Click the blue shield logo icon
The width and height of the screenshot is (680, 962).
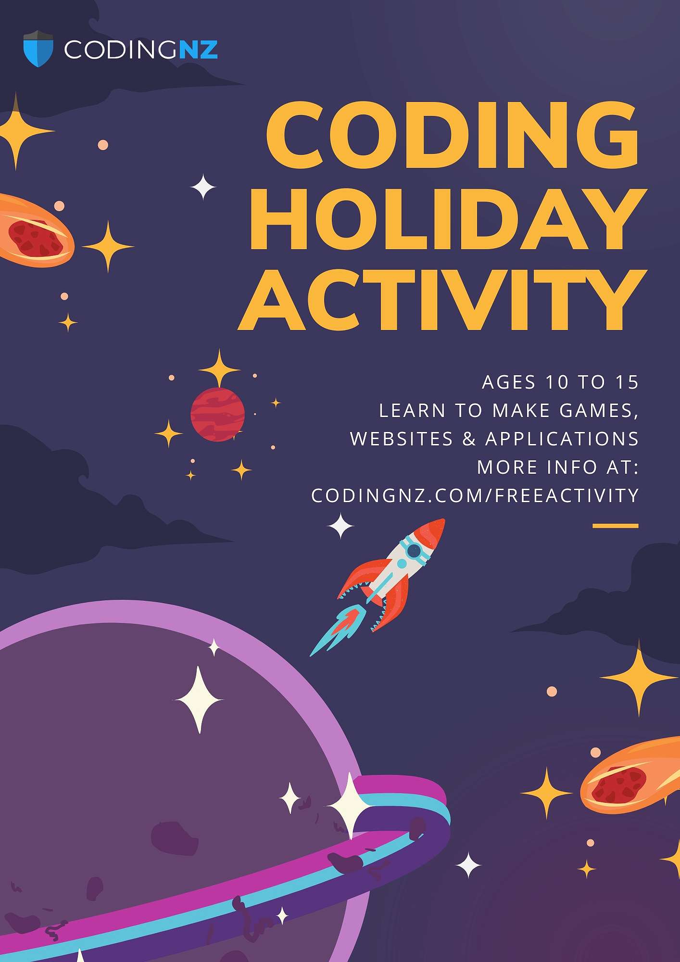click(x=38, y=49)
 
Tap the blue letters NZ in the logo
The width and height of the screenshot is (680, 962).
click(x=199, y=50)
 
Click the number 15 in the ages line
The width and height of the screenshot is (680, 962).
click(x=627, y=382)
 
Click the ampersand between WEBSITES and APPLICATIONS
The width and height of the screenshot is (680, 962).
click(x=469, y=439)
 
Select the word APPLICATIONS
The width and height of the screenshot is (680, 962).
click(x=562, y=439)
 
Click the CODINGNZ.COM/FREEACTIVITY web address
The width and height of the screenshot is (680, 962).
click(x=475, y=495)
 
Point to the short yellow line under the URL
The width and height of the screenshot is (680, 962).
click(x=616, y=526)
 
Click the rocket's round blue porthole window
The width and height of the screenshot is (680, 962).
click(x=414, y=551)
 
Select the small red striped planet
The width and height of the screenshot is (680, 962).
click(x=217, y=415)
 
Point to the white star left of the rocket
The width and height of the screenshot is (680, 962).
click(x=340, y=526)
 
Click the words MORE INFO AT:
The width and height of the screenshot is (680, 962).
click(x=558, y=467)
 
